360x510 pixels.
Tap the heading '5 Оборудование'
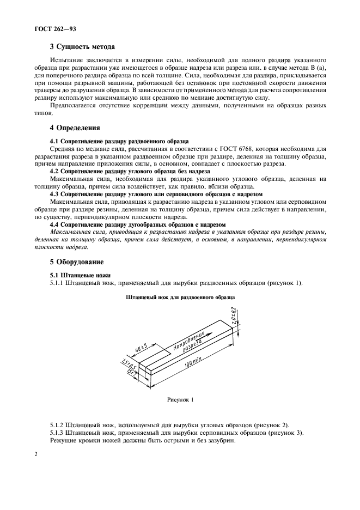(x=76, y=262)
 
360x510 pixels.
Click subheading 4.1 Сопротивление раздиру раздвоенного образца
(x=119, y=141)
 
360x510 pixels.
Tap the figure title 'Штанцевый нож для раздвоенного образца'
(x=180, y=298)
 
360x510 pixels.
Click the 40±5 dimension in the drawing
(x=141, y=347)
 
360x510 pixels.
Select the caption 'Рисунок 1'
(x=180, y=400)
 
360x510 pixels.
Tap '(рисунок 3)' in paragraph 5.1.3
(x=285, y=433)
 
